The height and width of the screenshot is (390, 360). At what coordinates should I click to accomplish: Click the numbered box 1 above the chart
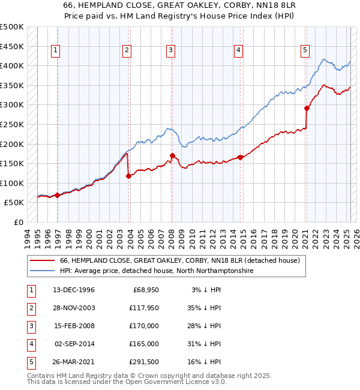coord(55,51)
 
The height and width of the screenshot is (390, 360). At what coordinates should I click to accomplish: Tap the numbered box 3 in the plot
coord(171,51)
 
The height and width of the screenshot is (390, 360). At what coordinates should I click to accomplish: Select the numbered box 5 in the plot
coord(305,51)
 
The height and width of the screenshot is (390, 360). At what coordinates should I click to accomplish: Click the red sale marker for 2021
coord(307,109)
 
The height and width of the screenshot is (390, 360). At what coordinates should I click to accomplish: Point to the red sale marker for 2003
coord(128,176)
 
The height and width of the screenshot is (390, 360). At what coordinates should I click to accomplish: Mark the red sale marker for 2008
coord(172,156)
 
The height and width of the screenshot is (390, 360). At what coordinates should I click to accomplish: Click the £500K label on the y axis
coord(12,28)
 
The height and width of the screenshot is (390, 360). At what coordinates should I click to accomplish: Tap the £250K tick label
coord(12,125)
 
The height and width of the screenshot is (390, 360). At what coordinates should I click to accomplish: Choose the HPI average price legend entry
coord(157,271)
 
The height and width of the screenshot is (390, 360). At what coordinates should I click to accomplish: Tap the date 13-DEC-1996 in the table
coord(74,290)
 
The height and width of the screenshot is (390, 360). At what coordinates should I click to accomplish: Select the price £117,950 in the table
coord(142,308)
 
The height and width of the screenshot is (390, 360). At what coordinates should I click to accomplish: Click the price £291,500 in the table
coord(142,362)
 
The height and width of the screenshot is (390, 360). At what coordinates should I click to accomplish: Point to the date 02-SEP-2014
coord(74,344)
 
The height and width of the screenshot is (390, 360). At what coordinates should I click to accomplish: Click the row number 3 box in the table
coord(30,326)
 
